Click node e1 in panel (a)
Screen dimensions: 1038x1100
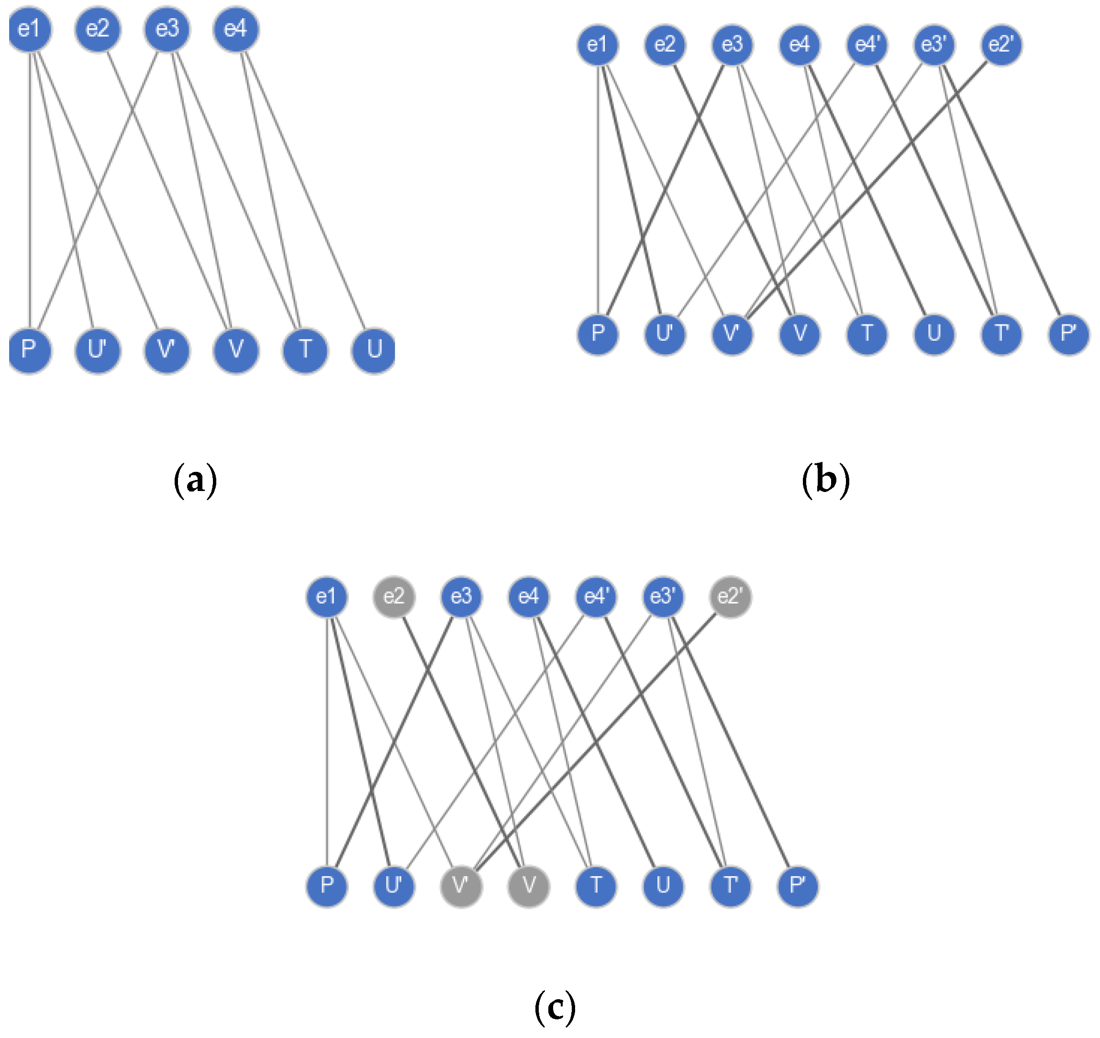point(30,29)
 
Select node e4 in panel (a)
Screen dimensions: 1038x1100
point(236,29)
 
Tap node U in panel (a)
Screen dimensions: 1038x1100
point(374,350)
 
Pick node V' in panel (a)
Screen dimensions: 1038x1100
point(167,350)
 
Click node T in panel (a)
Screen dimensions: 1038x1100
point(305,350)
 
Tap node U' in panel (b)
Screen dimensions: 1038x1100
point(665,334)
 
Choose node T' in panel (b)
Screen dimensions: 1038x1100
point(1001,334)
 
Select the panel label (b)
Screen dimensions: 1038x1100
point(825,479)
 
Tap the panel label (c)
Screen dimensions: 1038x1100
point(555,1007)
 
